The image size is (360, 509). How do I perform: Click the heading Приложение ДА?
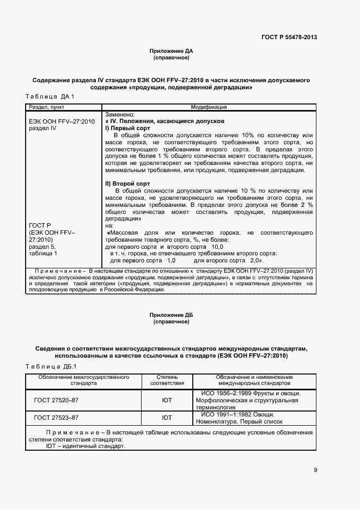tap(171, 51)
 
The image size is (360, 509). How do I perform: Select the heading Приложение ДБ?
tap(171, 315)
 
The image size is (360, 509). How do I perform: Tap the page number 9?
tap(315, 470)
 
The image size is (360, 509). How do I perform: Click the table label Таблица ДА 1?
tap(50, 96)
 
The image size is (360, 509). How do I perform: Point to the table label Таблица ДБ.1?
tap(52, 366)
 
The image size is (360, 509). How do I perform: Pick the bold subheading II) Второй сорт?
tap(127, 184)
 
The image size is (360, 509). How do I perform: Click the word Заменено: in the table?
tap(119, 114)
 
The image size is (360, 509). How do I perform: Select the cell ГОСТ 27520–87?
tap(56, 401)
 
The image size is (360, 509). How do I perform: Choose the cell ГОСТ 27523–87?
tap(56, 418)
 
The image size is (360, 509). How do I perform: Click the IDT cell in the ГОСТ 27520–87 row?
tap(167, 401)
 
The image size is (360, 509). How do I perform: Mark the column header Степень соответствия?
tap(167, 380)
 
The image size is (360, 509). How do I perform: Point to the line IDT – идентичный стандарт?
tap(86, 446)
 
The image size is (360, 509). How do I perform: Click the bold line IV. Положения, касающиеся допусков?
tap(165, 121)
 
